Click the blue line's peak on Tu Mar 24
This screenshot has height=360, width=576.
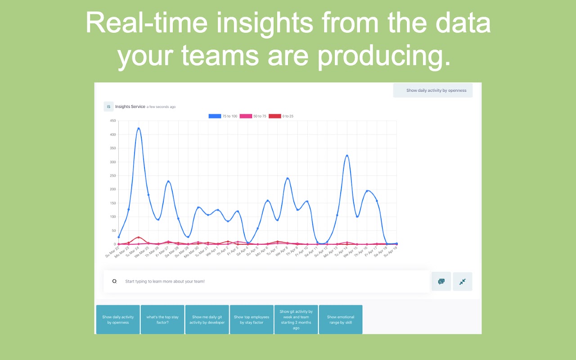tap(139, 129)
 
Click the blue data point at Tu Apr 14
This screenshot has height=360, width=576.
tap(347, 156)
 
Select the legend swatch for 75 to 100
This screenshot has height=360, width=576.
tap(215, 116)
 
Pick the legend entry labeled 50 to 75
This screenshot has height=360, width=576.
tap(253, 116)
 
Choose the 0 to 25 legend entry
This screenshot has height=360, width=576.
tap(281, 116)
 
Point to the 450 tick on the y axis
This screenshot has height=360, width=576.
tap(113, 121)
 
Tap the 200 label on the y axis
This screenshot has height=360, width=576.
tap(113, 189)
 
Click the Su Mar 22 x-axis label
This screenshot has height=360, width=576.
tap(112, 252)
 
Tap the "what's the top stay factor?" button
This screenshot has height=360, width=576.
tap(162, 319)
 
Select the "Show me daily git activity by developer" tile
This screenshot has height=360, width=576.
tap(207, 319)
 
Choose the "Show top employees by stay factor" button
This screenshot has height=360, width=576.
tap(252, 319)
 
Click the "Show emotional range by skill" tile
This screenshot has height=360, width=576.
tap(341, 319)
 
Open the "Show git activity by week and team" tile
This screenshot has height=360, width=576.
tap(296, 319)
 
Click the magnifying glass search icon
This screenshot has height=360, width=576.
tap(114, 281)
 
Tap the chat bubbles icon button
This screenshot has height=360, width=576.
tap(441, 282)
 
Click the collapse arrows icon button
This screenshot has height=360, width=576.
tap(463, 282)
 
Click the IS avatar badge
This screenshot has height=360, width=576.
tap(108, 107)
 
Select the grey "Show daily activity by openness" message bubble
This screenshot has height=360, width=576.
tap(433, 90)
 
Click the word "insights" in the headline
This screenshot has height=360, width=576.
tap(265, 22)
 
